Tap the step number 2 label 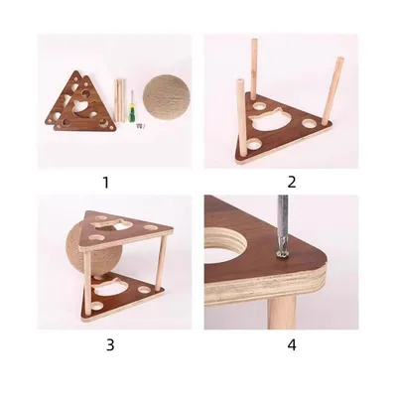pyautogui.click(x=292, y=182)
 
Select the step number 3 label pyautogui.click(x=110, y=344)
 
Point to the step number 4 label pyautogui.click(x=292, y=344)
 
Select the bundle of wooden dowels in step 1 pyautogui.click(x=118, y=99)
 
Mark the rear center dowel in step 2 pyautogui.click(x=255, y=66)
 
